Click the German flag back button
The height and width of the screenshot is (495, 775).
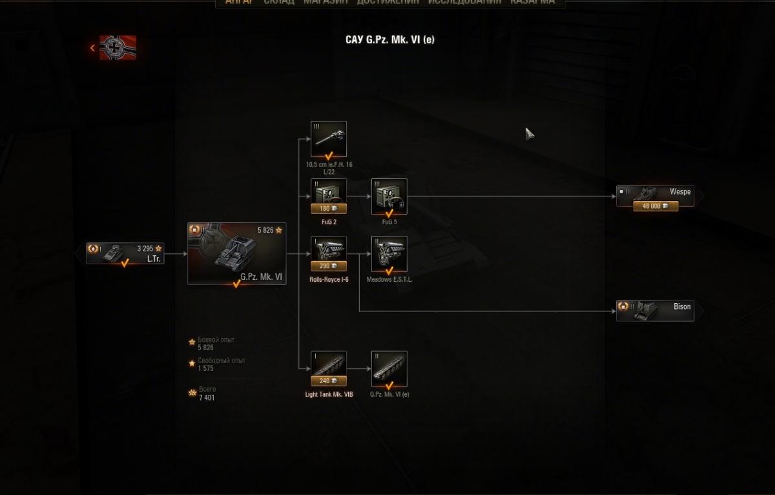pos(117,47)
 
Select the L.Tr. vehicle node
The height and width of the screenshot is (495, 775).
pos(125,252)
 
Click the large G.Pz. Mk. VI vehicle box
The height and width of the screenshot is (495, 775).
pos(236,253)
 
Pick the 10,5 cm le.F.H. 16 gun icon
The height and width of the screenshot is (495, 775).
pos(329,138)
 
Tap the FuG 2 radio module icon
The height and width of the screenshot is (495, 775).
pos(329,193)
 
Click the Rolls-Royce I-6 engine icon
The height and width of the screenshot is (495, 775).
pos(329,249)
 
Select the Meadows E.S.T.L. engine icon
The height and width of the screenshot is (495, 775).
pos(389,253)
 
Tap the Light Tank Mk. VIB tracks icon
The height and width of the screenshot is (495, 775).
pos(329,365)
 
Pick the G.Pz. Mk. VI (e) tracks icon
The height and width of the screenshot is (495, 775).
pos(389,368)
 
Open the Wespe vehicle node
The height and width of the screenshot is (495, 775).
pos(655,193)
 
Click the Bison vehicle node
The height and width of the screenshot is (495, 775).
pos(655,310)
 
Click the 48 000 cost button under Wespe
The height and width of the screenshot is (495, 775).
pos(655,206)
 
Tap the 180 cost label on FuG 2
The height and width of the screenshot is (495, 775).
pos(329,209)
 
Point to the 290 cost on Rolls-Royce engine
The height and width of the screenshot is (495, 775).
pos(329,266)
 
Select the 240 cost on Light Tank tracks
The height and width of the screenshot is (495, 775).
pos(329,381)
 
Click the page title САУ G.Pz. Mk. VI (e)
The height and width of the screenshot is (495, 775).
pos(390,40)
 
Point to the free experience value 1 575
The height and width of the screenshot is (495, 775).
pos(206,368)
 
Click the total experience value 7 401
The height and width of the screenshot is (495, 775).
pos(207,397)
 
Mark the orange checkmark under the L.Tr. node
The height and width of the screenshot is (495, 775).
pos(125,263)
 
